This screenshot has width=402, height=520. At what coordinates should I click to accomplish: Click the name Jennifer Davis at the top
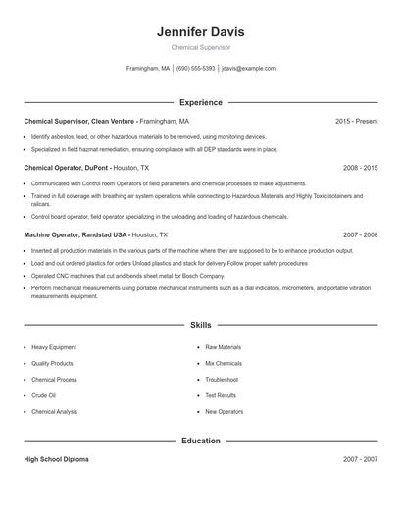[200, 31]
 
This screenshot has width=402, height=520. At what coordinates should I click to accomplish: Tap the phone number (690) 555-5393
[195, 69]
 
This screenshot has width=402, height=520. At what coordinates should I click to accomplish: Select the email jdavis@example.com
[248, 69]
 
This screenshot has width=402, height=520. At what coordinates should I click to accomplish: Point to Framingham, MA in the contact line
[148, 69]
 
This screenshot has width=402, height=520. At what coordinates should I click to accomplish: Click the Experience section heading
[200, 102]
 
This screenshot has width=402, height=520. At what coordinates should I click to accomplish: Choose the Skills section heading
[200, 324]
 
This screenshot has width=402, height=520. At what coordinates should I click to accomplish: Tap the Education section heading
[200, 441]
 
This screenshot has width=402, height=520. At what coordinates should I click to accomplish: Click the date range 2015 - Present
[356, 121]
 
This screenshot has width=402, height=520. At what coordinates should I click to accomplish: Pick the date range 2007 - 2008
[360, 235]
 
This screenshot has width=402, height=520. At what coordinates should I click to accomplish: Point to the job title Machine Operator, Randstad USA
[75, 235]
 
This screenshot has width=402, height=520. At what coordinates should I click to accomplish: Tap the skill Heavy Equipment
[54, 347]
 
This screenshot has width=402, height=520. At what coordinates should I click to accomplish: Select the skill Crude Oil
[45, 395]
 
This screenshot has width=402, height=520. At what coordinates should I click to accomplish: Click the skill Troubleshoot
[222, 380]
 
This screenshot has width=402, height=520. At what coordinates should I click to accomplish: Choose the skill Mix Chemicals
[224, 363]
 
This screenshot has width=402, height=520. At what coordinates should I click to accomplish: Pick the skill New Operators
[225, 412]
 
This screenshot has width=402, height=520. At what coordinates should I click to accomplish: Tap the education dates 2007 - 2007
[360, 459]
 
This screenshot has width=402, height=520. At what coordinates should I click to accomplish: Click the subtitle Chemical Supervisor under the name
[200, 47]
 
